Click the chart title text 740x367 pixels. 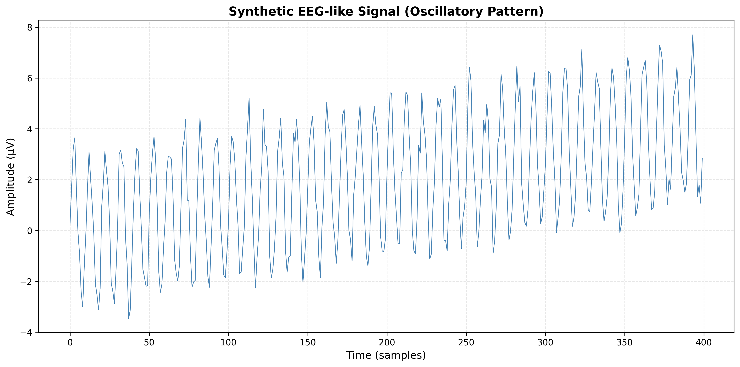tap(386, 12)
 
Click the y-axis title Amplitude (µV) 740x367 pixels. tap(11, 177)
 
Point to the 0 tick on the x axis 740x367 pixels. tap(70, 343)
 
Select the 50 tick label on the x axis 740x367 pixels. tap(149, 343)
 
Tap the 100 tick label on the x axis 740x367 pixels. tap(228, 343)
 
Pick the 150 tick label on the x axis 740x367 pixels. tap(308, 343)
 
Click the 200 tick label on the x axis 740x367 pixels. tap(387, 343)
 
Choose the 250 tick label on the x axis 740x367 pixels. tap(466, 343)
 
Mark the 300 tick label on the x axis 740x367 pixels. tap(545, 343)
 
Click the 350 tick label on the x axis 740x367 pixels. tap(624, 343)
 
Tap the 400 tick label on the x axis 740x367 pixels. tap(704, 343)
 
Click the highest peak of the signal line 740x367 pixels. tap(693, 35)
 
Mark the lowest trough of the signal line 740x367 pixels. tap(129, 318)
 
